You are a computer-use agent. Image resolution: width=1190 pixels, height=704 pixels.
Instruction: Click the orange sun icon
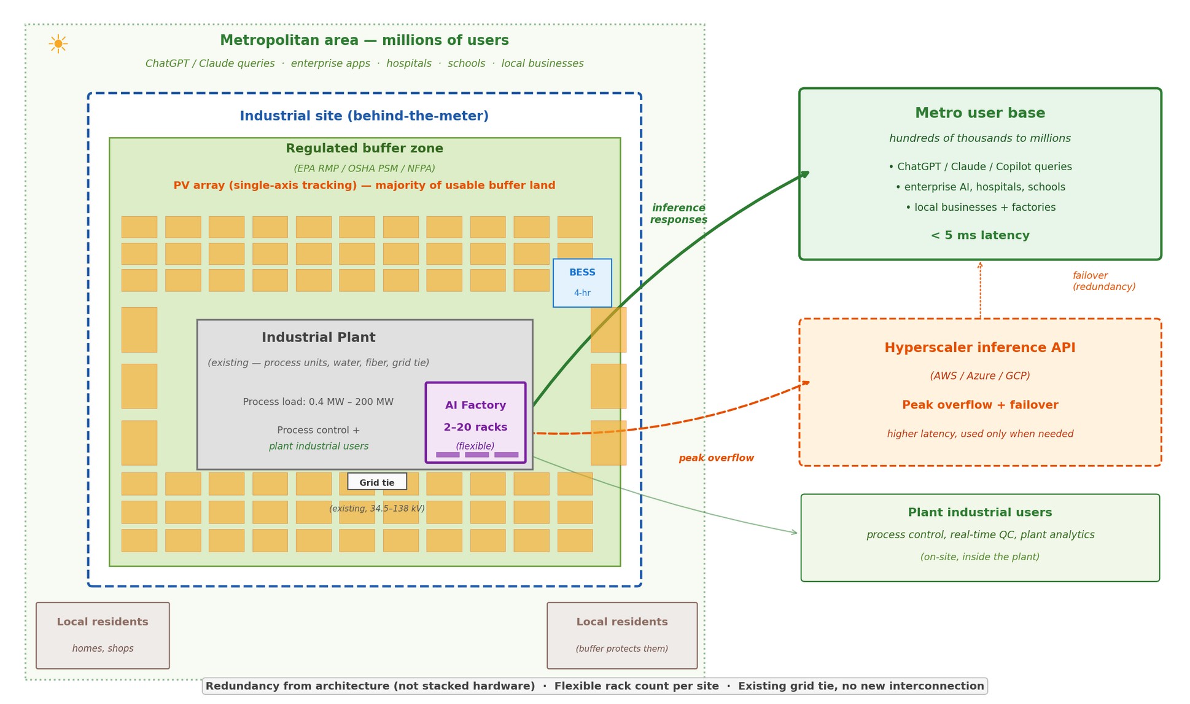click(58, 44)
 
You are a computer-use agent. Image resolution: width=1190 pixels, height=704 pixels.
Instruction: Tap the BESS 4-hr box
click(582, 283)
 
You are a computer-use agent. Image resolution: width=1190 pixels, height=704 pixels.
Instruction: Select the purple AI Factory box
click(475, 422)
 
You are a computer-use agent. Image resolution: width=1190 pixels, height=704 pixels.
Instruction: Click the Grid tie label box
click(377, 482)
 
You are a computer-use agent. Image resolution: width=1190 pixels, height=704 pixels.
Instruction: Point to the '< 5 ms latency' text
click(980, 236)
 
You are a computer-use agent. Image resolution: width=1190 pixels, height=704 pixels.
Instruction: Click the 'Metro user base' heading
click(980, 114)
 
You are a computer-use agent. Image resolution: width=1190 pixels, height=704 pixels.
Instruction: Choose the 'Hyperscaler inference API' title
click(980, 348)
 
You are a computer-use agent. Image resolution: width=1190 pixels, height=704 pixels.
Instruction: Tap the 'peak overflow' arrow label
click(716, 458)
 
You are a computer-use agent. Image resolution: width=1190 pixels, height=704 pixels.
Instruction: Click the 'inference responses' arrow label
click(679, 214)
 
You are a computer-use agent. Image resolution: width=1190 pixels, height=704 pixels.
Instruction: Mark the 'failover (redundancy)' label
click(1103, 281)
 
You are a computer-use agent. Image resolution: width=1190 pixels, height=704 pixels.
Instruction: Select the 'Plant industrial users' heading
click(980, 513)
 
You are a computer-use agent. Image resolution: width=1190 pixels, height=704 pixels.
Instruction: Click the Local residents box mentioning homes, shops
click(103, 635)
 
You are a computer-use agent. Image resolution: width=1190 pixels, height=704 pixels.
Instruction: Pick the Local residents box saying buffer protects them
click(622, 635)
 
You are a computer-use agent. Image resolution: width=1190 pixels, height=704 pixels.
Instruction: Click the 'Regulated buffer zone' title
click(364, 149)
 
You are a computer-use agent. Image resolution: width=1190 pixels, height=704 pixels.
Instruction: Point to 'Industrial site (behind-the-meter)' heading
click(364, 116)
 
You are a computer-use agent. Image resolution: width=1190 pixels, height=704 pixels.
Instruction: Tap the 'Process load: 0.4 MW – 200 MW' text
click(318, 402)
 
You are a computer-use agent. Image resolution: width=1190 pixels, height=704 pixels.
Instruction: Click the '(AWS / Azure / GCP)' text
click(980, 376)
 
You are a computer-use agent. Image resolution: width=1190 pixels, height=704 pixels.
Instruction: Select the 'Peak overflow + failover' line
click(980, 405)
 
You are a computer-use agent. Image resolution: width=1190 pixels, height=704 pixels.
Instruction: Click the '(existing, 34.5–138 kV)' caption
click(377, 509)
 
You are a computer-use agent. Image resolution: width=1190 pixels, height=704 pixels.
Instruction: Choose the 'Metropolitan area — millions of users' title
click(364, 41)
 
